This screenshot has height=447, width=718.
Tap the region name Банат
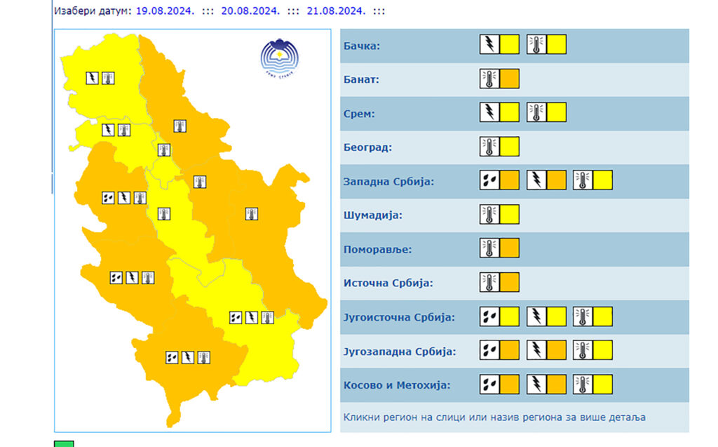click(x=361, y=80)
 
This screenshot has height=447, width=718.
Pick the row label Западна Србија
click(x=388, y=182)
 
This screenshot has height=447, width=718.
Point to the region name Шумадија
click(x=372, y=215)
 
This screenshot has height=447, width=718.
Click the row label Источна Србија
click(x=388, y=283)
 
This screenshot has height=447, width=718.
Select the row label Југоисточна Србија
click(x=399, y=317)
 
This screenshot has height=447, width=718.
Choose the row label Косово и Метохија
click(x=396, y=385)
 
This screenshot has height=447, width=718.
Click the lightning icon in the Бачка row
click(x=489, y=45)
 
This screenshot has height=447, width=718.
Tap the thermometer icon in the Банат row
click(x=489, y=79)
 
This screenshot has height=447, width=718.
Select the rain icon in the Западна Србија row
click(x=489, y=180)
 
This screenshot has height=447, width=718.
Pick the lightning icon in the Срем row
click(x=489, y=112)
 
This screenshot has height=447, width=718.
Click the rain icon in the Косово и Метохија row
click(x=489, y=385)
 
